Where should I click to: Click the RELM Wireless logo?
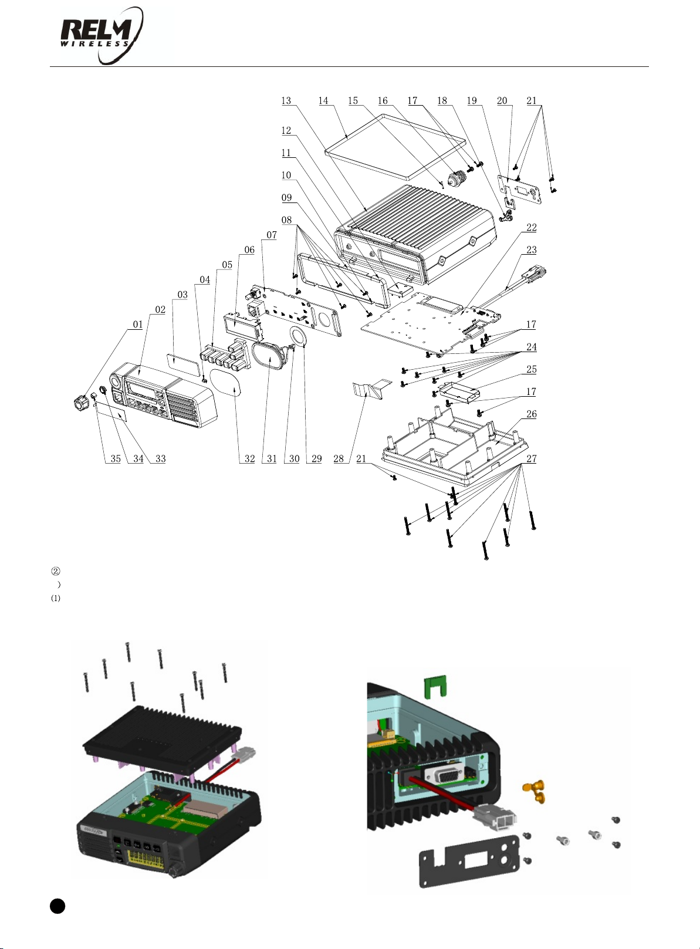[102, 36]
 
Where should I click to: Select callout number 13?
[286, 100]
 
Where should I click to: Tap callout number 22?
[531, 227]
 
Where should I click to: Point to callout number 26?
[531, 414]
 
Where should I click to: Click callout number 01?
[137, 325]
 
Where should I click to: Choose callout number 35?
[116, 459]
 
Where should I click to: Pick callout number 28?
[339, 459]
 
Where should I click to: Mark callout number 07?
[271, 235]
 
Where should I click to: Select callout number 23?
[531, 249]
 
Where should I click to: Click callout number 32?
[249, 459]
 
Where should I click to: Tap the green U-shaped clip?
[435, 687]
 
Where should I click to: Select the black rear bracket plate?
[469, 862]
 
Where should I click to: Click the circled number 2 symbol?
[56, 571]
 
